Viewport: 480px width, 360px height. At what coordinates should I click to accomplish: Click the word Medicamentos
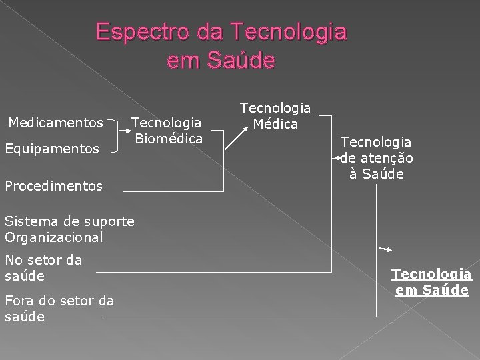[x=55, y=123]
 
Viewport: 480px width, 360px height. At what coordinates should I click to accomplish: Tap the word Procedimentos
[x=53, y=186]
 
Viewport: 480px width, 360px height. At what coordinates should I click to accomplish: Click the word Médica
[x=275, y=123]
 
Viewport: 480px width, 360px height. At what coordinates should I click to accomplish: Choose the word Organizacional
[x=53, y=237]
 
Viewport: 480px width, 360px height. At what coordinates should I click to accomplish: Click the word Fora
[x=19, y=301]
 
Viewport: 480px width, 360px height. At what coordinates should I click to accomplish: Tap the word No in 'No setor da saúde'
[x=13, y=260]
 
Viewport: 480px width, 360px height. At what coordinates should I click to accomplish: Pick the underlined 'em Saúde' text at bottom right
[x=431, y=291]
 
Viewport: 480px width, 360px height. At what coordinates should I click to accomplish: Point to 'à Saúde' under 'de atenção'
[x=377, y=174]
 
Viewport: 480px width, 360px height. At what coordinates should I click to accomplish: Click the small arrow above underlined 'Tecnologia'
[x=385, y=249]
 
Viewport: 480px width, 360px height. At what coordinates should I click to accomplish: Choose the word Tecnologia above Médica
[x=275, y=107]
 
